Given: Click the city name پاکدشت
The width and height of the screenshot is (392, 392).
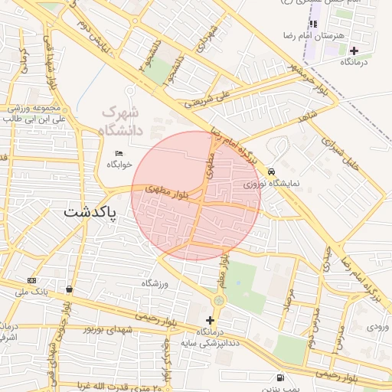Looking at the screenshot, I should [91, 212].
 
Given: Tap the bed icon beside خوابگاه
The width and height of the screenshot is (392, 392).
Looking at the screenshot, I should [119, 153].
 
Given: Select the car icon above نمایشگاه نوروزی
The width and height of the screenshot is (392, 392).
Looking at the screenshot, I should [271, 172].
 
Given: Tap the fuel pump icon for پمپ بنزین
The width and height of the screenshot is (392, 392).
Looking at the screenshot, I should [281, 377].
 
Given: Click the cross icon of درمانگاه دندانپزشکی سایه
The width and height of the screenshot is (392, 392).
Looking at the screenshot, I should [211, 320].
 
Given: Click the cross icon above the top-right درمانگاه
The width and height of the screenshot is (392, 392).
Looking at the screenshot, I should [354, 51].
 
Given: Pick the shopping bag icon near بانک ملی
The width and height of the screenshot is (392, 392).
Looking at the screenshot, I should [70, 289].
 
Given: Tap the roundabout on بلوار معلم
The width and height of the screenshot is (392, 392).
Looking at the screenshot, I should [219, 300].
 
